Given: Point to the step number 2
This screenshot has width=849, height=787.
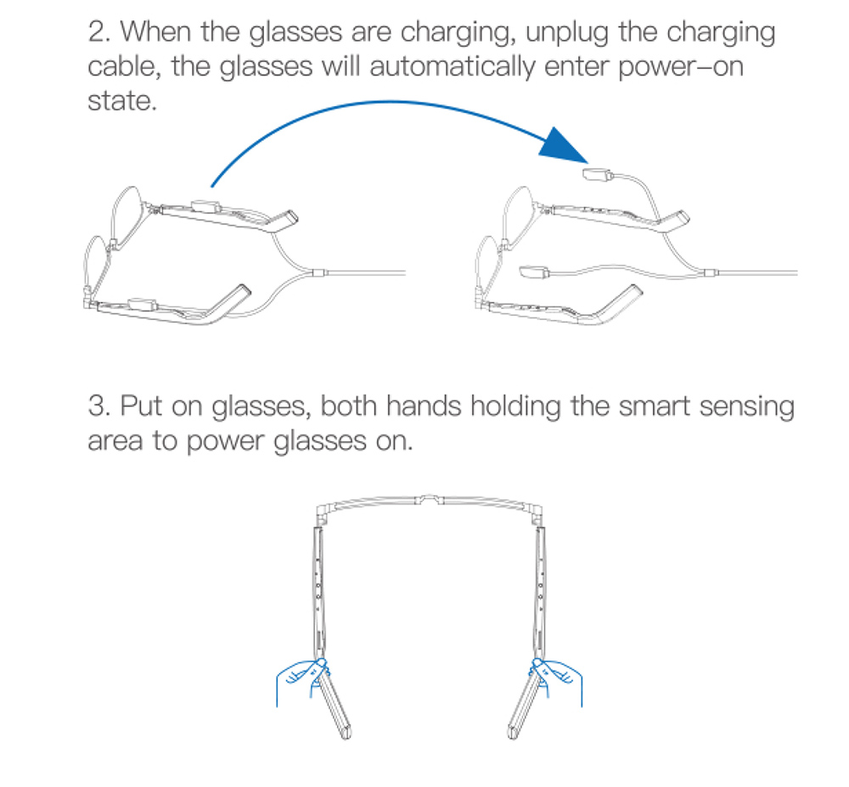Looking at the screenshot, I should (97, 34).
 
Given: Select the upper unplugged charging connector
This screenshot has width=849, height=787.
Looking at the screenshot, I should (598, 175).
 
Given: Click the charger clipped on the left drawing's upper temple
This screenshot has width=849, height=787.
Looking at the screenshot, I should (207, 205).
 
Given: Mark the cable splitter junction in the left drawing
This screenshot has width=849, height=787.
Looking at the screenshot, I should (317, 273).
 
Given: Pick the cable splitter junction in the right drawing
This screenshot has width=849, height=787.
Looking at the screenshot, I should (706, 273).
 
